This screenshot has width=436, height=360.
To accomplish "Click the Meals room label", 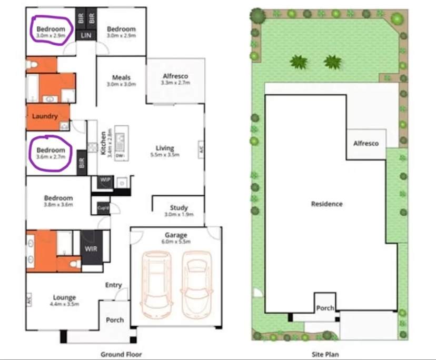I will click(x=121, y=77).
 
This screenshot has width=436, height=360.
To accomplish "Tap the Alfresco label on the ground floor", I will click(x=175, y=76).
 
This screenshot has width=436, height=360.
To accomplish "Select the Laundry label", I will click(x=45, y=116).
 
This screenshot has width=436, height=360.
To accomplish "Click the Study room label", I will click(x=179, y=208).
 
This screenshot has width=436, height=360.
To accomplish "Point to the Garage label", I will click(x=175, y=235).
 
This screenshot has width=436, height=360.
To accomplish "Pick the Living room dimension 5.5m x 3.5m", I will click(x=165, y=155).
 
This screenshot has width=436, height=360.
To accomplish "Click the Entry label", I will click(x=113, y=285).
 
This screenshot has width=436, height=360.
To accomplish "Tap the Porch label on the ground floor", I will click(x=115, y=319).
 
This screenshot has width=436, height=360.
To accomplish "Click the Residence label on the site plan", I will click(x=326, y=204).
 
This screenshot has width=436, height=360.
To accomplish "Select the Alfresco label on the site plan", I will click(x=366, y=143).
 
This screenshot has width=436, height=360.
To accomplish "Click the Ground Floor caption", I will click(x=121, y=354).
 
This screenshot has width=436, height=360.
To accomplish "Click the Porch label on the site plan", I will click(x=325, y=308).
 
